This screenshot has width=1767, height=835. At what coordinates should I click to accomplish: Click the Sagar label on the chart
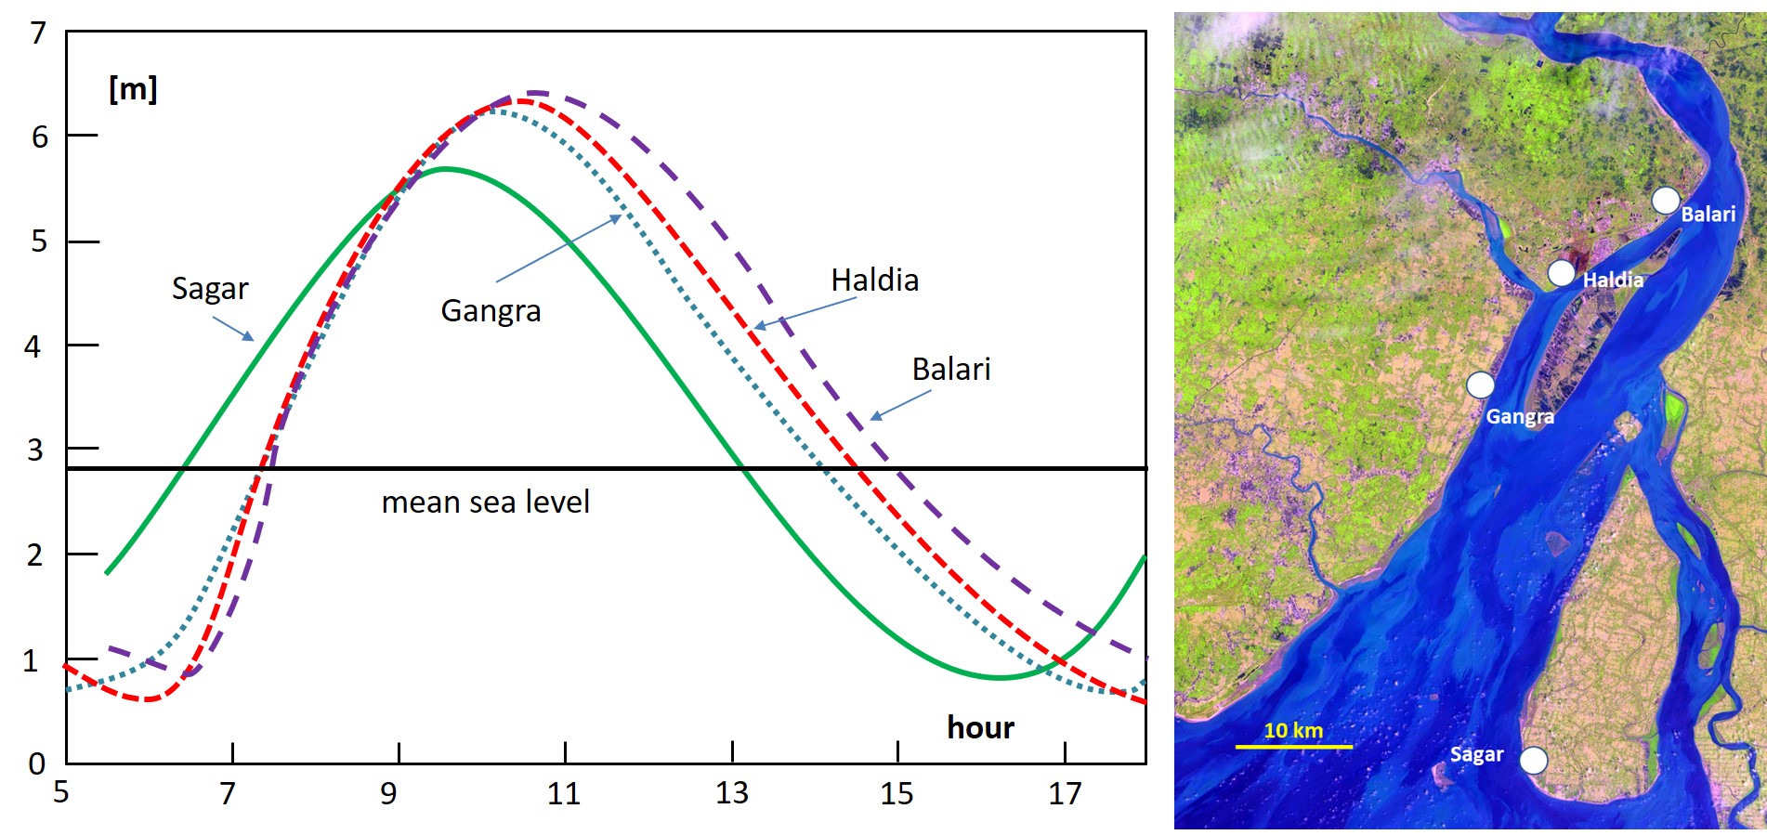point(210,289)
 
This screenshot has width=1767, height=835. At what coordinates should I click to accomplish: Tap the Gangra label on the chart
point(491,310)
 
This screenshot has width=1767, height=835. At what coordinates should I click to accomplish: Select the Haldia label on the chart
point(874,280)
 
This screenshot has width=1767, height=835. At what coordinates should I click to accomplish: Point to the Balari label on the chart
point(950,369)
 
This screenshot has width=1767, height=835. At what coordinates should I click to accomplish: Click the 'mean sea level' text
point(485,502)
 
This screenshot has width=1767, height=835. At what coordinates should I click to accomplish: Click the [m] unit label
point(133,89)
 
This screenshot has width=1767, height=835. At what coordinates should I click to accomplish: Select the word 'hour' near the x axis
point(980,727)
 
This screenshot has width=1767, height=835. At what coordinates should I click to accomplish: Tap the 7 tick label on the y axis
point(37,33)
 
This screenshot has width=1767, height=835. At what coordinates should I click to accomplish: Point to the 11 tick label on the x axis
point(563,794)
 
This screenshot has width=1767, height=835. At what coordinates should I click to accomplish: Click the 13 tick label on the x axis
point(731,794)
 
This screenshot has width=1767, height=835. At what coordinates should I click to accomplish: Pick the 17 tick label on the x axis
point(1065,794)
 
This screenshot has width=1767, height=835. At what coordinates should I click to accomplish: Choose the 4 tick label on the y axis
point(33,346)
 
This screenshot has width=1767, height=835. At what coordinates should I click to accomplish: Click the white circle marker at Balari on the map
point(1666,200)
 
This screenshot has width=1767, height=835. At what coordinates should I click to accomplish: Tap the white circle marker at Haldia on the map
point(1562,273)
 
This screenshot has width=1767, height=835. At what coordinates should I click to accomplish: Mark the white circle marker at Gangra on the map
point(1480,384)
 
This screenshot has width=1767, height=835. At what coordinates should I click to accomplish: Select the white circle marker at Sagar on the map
point(1534,760)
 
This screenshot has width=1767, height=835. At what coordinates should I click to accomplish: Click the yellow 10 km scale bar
point(1293,746)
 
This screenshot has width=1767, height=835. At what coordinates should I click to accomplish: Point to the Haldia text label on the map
point(1613,280)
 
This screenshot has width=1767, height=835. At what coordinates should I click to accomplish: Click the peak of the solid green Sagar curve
point(446,168)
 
